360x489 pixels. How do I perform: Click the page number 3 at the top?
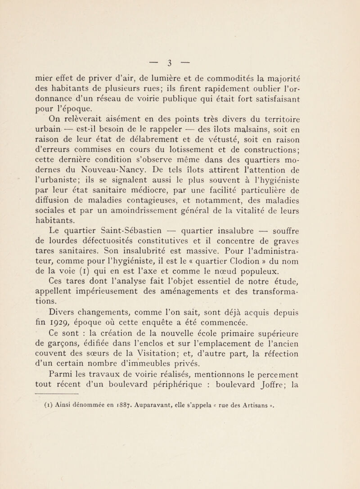[179, 23]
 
